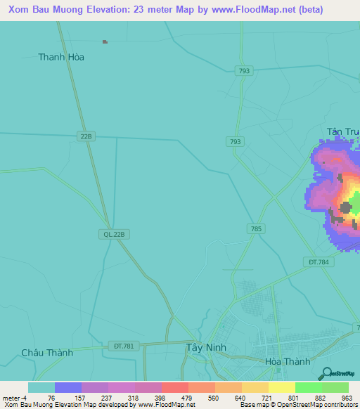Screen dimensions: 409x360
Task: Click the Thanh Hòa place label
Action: (x=61, y=57)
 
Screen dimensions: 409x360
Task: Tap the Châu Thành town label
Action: (x=47, y=353)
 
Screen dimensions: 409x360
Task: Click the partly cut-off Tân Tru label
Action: (x=342, y=131)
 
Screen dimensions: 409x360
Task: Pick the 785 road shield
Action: (x=256, y=228)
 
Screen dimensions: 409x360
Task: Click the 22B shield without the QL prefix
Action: (x=86, y=136)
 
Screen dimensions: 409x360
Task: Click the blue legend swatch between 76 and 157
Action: (x=68, y=387)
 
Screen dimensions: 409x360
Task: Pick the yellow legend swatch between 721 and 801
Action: (x=282, y=387)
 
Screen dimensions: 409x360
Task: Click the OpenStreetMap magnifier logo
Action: (x=326, y=375)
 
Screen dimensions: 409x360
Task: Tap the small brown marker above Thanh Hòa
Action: (x=105, y=42)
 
